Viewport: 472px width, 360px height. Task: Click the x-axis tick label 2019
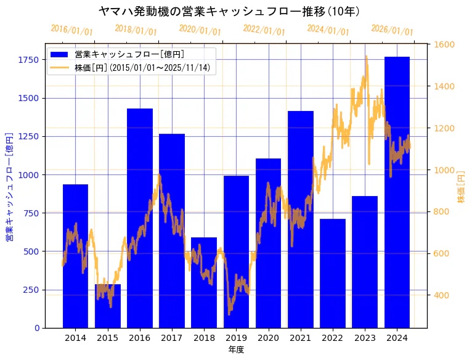coord(236,338)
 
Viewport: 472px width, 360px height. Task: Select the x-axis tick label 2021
coord(300,338)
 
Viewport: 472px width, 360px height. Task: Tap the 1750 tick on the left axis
coord(28,60)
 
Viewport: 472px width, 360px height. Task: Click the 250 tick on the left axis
coord(31,290)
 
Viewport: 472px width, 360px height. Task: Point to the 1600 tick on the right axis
coord(444,44)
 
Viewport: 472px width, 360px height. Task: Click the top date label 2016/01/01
coord(72,30)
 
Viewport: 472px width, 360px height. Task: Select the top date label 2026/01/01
coord(393,30)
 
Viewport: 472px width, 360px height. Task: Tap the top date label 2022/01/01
coord(264,30)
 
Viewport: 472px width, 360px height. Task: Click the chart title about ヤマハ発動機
coord(229,11)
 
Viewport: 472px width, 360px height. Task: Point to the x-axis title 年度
coord(236,350)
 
